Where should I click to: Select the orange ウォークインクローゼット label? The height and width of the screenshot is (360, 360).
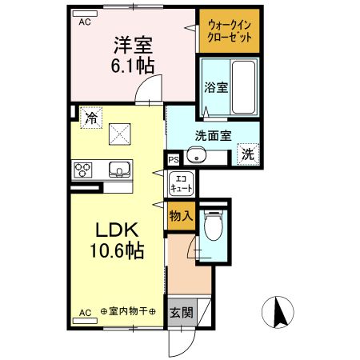coord(230,30)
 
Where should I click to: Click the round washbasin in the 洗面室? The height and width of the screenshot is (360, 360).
coord(195,157)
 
